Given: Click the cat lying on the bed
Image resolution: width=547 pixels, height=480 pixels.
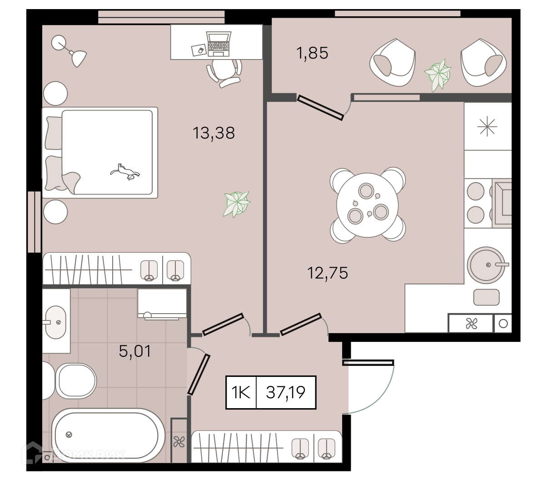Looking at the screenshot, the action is click(x=125, y=172).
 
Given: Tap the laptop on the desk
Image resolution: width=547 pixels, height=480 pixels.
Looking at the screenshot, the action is click(x=219, y=44).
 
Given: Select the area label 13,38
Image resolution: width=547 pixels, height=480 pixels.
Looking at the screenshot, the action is click(x=214, y=133).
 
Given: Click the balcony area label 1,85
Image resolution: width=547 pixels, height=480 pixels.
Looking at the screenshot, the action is click(x=312, y=53).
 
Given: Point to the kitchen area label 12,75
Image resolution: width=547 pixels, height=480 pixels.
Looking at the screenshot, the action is click(x=328, y=273).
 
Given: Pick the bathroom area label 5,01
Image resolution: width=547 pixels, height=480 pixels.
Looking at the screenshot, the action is click(x=135, y=351).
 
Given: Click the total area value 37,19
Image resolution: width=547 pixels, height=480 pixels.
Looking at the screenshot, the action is click(x=286, y=392).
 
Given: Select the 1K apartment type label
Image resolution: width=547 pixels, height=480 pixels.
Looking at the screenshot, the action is click(x=241, y=392).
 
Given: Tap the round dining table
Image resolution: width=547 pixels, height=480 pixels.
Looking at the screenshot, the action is click(x=367, y=205).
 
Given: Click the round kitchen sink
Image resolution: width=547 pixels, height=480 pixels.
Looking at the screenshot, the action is click(x=486, y=265).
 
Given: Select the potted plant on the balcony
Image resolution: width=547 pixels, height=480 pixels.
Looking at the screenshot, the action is click(x=438, y=75).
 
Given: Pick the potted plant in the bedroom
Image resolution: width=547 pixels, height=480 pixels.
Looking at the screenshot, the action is click(x=237, y=204).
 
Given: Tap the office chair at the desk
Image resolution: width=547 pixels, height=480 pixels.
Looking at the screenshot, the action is click(x=224, y=72).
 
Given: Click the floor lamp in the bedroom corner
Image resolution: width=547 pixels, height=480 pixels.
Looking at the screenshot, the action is click(x=69, y=50).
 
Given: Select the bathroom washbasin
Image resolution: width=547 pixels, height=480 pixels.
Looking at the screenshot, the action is click(x=55, y=322).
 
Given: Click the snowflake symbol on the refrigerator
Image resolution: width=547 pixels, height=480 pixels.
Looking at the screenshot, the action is click(x=487, y=126).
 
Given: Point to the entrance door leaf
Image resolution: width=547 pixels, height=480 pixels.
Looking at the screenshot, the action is click(x=368, y=362).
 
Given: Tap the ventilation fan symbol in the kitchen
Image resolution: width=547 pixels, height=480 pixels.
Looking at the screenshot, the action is click(x=472, y=324).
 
